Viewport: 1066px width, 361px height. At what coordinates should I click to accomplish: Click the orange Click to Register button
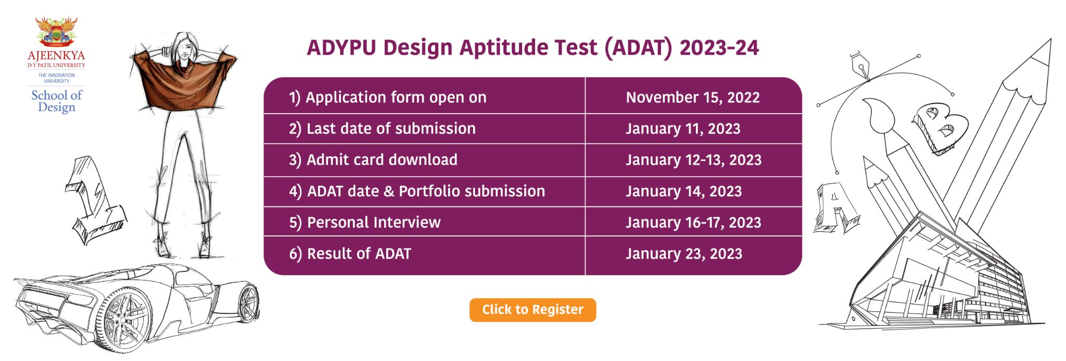point(532,310)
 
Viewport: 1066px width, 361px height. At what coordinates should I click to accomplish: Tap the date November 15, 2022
point(692,97)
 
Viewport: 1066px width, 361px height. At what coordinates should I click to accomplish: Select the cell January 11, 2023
point(683,129)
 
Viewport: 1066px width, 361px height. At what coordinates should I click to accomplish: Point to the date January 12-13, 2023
point(693,160)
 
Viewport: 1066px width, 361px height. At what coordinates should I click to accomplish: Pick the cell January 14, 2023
point(683,191)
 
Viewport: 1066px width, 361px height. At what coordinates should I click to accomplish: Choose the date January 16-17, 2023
point(693,222)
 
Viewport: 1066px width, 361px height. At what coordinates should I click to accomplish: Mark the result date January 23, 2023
point(684,254)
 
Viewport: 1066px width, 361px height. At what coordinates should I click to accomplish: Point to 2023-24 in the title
point(719,48)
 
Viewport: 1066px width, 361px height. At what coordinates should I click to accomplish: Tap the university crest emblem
point(56,31)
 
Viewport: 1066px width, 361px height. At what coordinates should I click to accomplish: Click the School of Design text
point(57,102)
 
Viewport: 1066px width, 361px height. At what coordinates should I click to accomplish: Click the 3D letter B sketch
point(940,128)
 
